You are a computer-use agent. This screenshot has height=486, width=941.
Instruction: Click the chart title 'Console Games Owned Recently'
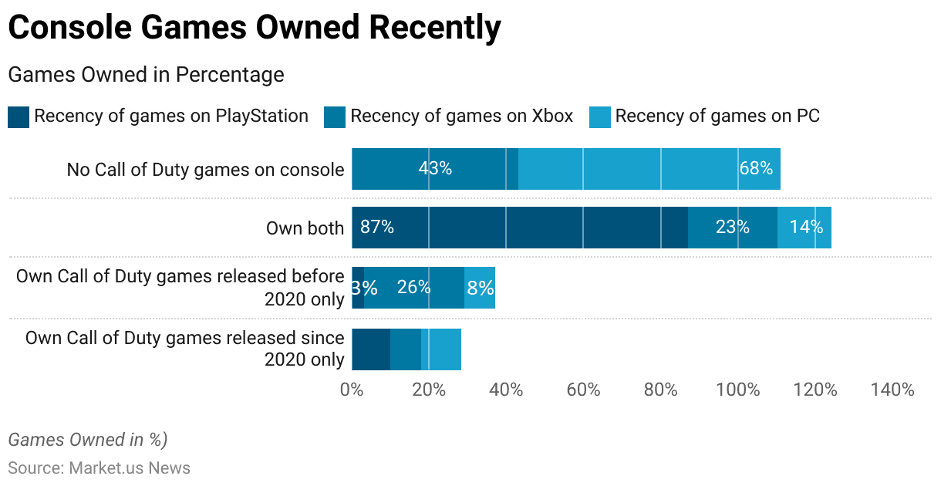(x=255, y=28)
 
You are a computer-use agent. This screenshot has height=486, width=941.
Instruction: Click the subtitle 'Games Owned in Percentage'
(x=146, y=75)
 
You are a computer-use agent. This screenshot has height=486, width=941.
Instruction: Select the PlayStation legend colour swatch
(x=19, y=117)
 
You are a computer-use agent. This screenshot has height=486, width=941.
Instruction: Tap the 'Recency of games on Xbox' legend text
(x=461, y=116)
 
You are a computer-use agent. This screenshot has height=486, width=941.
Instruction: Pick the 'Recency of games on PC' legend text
(x=717, y=116)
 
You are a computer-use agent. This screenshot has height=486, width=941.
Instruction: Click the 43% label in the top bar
(x=435, y=168)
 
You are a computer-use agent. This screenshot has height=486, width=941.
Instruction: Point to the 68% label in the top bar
(x=756, y=168)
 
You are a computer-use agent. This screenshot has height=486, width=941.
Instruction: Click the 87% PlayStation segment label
(x=377, y=228)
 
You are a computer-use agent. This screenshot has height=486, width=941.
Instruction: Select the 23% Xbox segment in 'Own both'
(x=732, y=228)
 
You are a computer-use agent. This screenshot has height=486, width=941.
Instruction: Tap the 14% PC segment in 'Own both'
(x=805, y=228)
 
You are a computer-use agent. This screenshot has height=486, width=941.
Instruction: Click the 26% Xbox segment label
(x=413, y=288)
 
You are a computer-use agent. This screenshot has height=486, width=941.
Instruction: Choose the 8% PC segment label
(x=480, y=288)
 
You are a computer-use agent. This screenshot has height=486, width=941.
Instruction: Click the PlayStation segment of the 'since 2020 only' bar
(x=371, y=349)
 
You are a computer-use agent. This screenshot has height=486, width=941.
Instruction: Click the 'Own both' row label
(x=305, y=228)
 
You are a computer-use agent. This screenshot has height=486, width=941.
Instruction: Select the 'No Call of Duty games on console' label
(x=205, y=169)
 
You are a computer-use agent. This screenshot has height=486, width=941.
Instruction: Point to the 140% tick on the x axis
(x=892, y=390)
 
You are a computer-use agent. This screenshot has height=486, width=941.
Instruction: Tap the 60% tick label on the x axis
(x=583, y=390)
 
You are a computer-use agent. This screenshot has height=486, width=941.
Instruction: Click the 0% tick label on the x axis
(x=352, y=390)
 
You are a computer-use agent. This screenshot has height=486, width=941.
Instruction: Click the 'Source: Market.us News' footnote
(x=99, y=468)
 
